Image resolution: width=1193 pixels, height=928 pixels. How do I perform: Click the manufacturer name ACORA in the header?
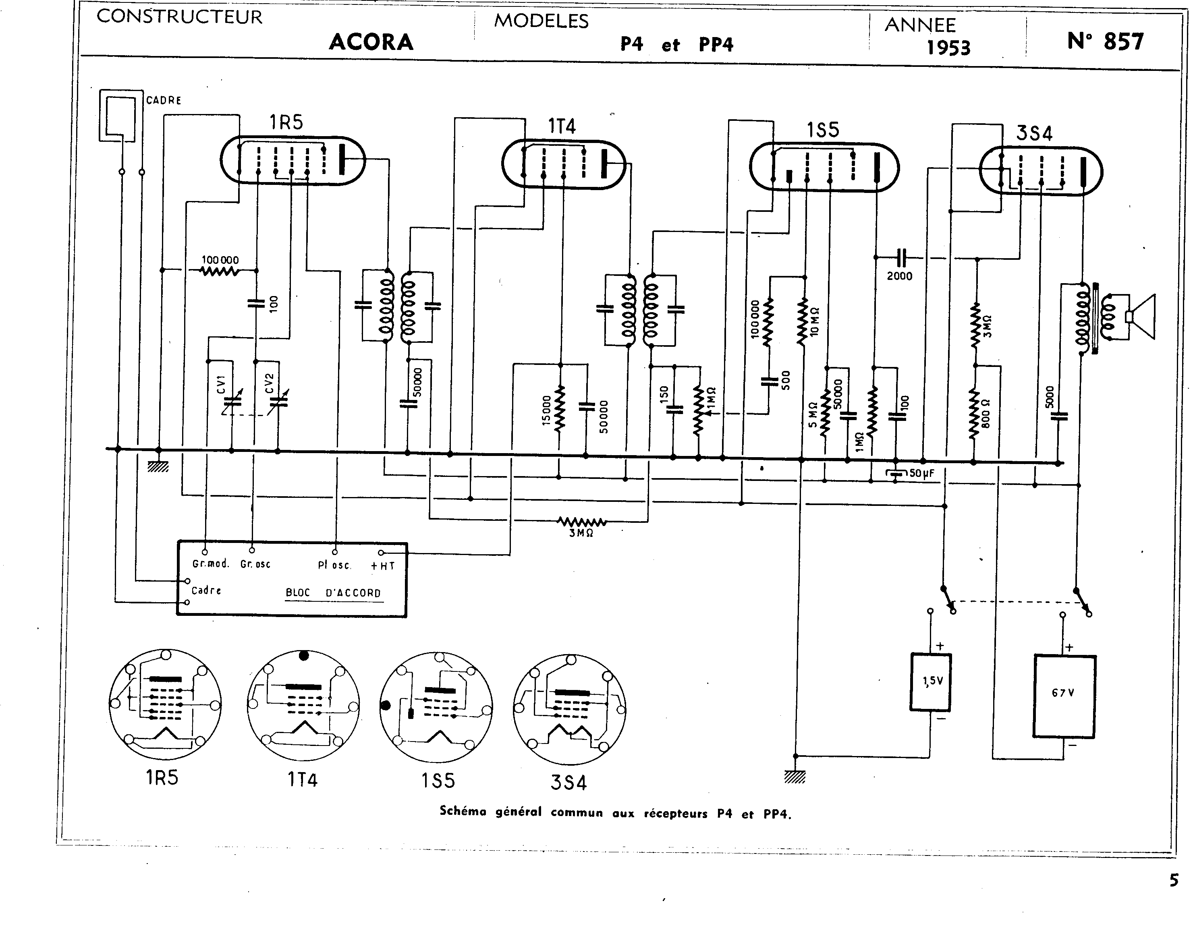click(x=371, y=42)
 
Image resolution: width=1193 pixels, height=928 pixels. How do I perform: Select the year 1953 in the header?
click(x=949, y=48)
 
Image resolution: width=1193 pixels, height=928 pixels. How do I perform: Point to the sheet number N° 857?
click(x=1106, y=41)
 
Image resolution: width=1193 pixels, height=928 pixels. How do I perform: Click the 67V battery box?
click(x=1064, y=696)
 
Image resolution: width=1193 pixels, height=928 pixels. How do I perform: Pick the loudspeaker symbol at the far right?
click(x=1141, y=317)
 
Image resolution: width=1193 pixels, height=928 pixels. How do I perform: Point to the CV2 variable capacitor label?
click(x=268, y=383)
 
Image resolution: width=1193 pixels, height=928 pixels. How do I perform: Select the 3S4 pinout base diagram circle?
click(x=569, y=710)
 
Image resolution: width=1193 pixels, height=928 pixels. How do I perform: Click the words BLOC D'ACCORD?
click(x=333, y=592)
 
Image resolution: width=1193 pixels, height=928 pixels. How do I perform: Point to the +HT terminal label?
click(x=383, y=566)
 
